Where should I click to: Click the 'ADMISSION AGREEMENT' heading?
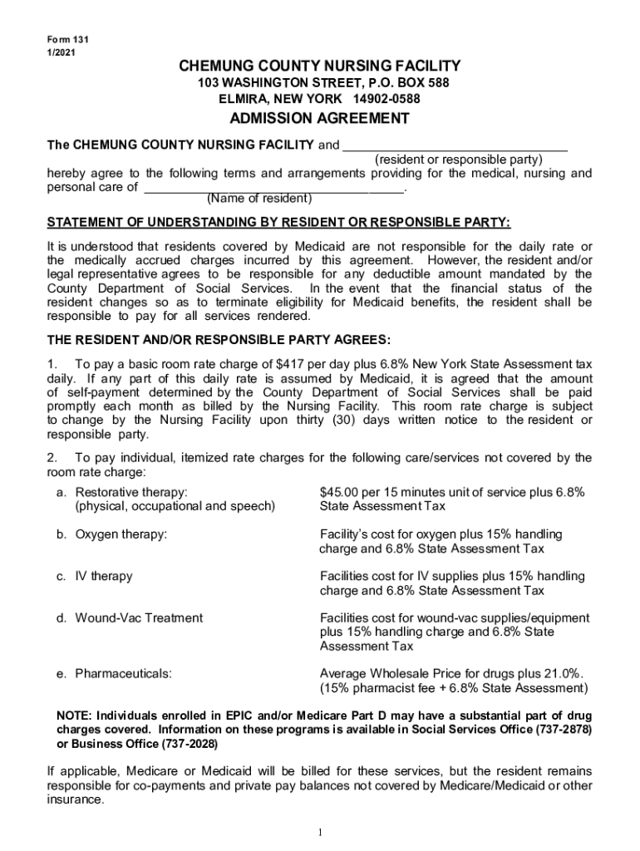tap(319, 118)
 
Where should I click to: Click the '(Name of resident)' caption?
tap(258, 199)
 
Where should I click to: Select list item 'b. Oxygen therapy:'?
tap(112, 534)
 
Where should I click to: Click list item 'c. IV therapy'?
tap(95, 576)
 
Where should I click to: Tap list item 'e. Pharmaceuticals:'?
tap(115, 674)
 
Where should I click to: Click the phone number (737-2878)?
tap(562, 730)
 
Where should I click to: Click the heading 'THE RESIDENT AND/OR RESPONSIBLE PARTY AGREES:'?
tap(218, 340)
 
